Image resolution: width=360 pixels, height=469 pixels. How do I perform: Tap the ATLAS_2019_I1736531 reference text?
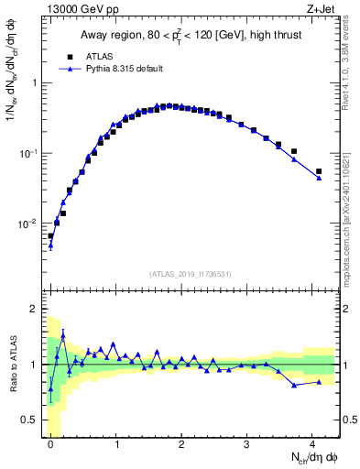point(191,274)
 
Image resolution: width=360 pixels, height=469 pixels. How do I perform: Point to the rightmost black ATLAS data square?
point(319,171)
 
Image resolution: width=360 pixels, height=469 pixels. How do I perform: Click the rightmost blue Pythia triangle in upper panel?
point(319,178)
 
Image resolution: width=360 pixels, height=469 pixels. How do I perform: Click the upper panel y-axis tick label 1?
point(34,83)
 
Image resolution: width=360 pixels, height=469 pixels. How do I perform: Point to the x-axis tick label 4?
point(312,442)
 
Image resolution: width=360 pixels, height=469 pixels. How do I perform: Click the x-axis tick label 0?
point(50,442)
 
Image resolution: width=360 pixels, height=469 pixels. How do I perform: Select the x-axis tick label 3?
point(247,442)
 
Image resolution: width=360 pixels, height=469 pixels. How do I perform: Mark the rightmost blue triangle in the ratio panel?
point(319,382)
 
